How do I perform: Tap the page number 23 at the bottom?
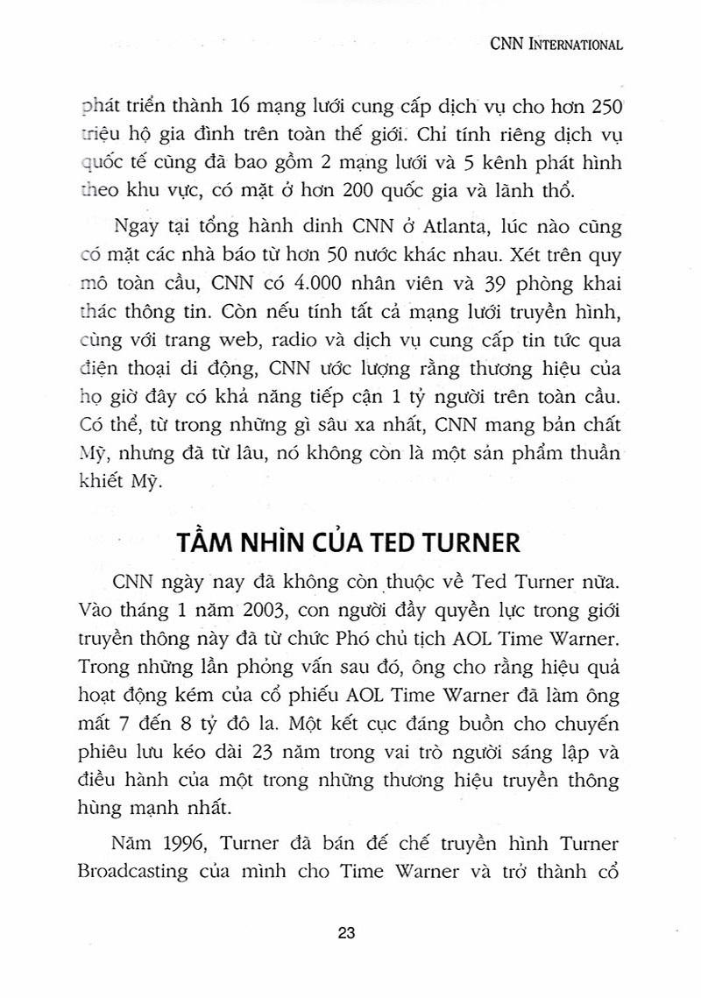click(346, 933)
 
